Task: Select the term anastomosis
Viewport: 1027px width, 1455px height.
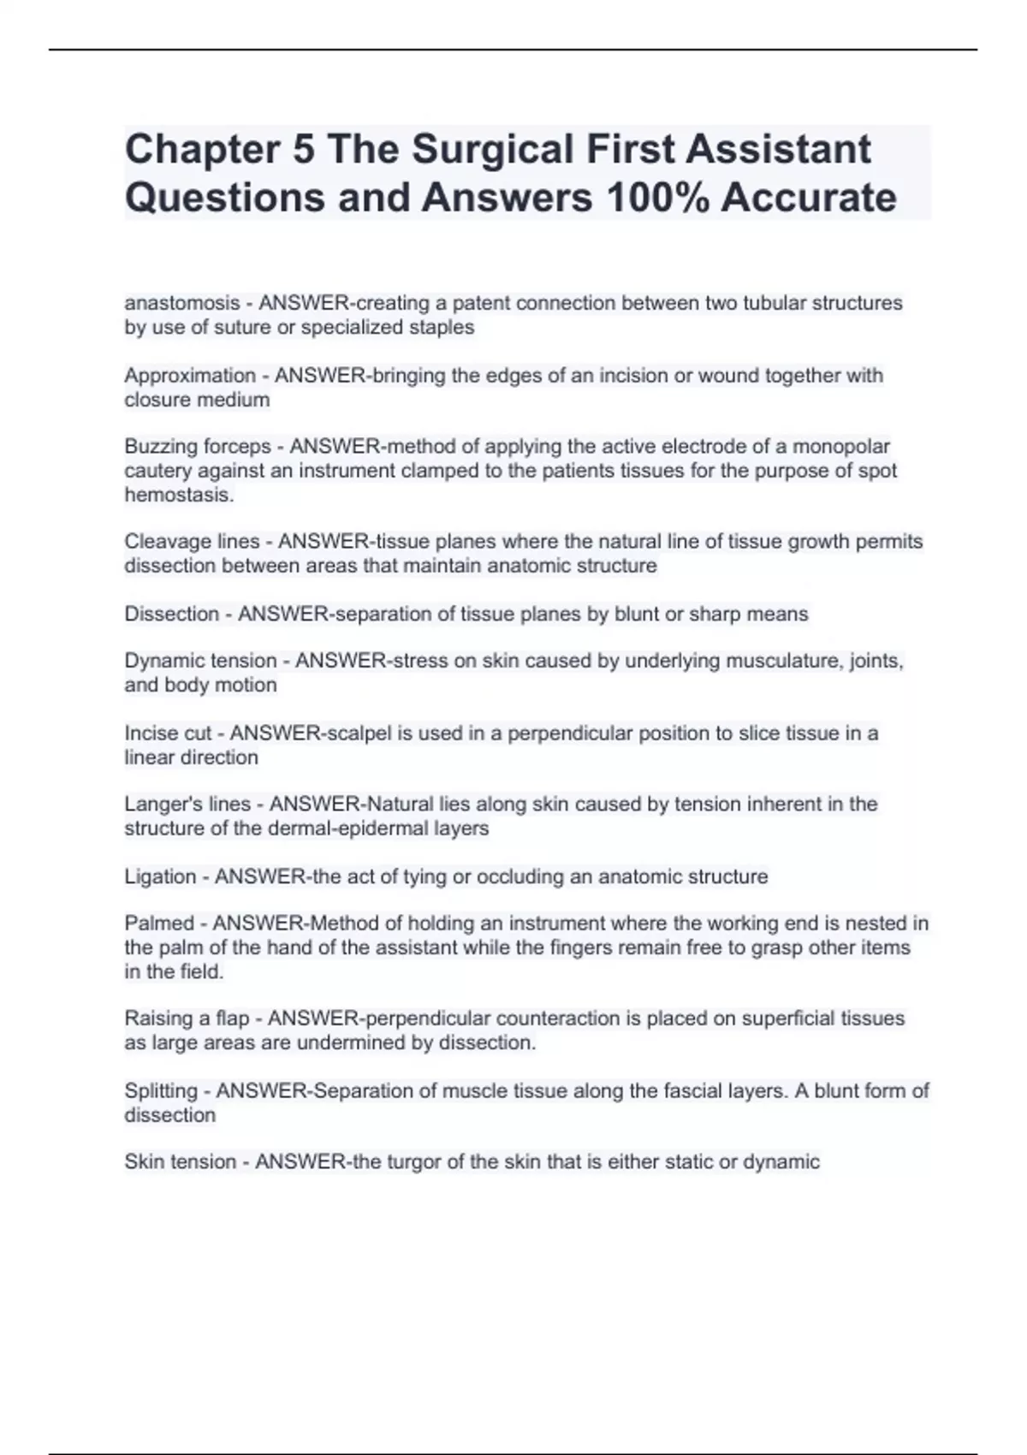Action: click(182, 303)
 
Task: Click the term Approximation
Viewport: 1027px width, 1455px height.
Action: click(190, 375)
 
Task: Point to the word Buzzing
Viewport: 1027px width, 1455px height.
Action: click(160, 447)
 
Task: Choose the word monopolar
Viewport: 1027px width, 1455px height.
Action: click(840, 447)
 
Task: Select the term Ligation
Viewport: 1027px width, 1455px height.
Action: click(160, 876)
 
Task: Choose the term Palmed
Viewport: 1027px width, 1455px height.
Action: click(159, 923)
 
